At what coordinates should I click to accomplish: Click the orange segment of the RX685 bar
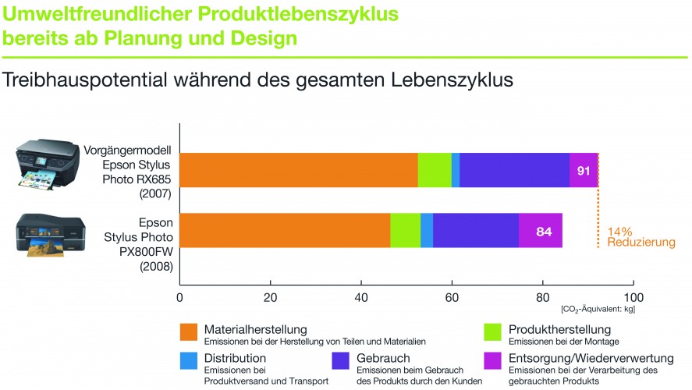(x=299, y=170)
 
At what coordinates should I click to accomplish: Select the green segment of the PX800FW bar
(x=405, y=230)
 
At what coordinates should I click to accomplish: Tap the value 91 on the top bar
(x=584, y=171)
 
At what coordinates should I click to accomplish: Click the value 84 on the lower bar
(x=544, y=231)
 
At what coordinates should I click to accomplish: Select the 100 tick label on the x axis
(x=633, y=297)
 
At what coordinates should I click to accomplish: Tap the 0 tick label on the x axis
(x=180, y=297)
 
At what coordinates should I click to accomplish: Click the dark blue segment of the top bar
(x=514, y=170)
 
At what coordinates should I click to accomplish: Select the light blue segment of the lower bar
(x=427, y=230)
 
